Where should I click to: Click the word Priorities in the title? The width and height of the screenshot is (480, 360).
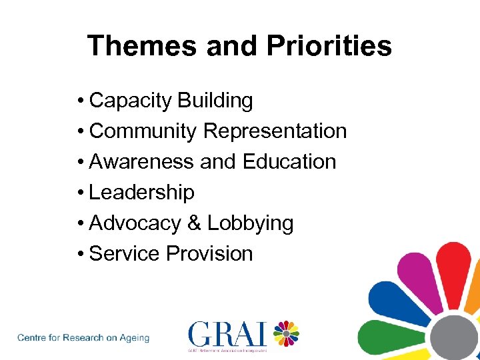329,46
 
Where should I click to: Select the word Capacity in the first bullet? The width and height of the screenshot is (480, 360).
131,101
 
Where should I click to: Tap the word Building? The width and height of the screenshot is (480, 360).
215,101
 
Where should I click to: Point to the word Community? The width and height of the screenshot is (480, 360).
143,131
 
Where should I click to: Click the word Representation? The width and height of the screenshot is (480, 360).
275,131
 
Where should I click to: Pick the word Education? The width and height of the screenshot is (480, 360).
289,162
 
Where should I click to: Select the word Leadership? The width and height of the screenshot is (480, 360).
141,193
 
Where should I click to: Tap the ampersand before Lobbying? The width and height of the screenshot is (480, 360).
194,223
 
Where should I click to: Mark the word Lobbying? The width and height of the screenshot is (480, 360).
250,223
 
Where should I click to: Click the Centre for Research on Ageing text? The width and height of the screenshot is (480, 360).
83,338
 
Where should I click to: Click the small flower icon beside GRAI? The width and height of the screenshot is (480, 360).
286,334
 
